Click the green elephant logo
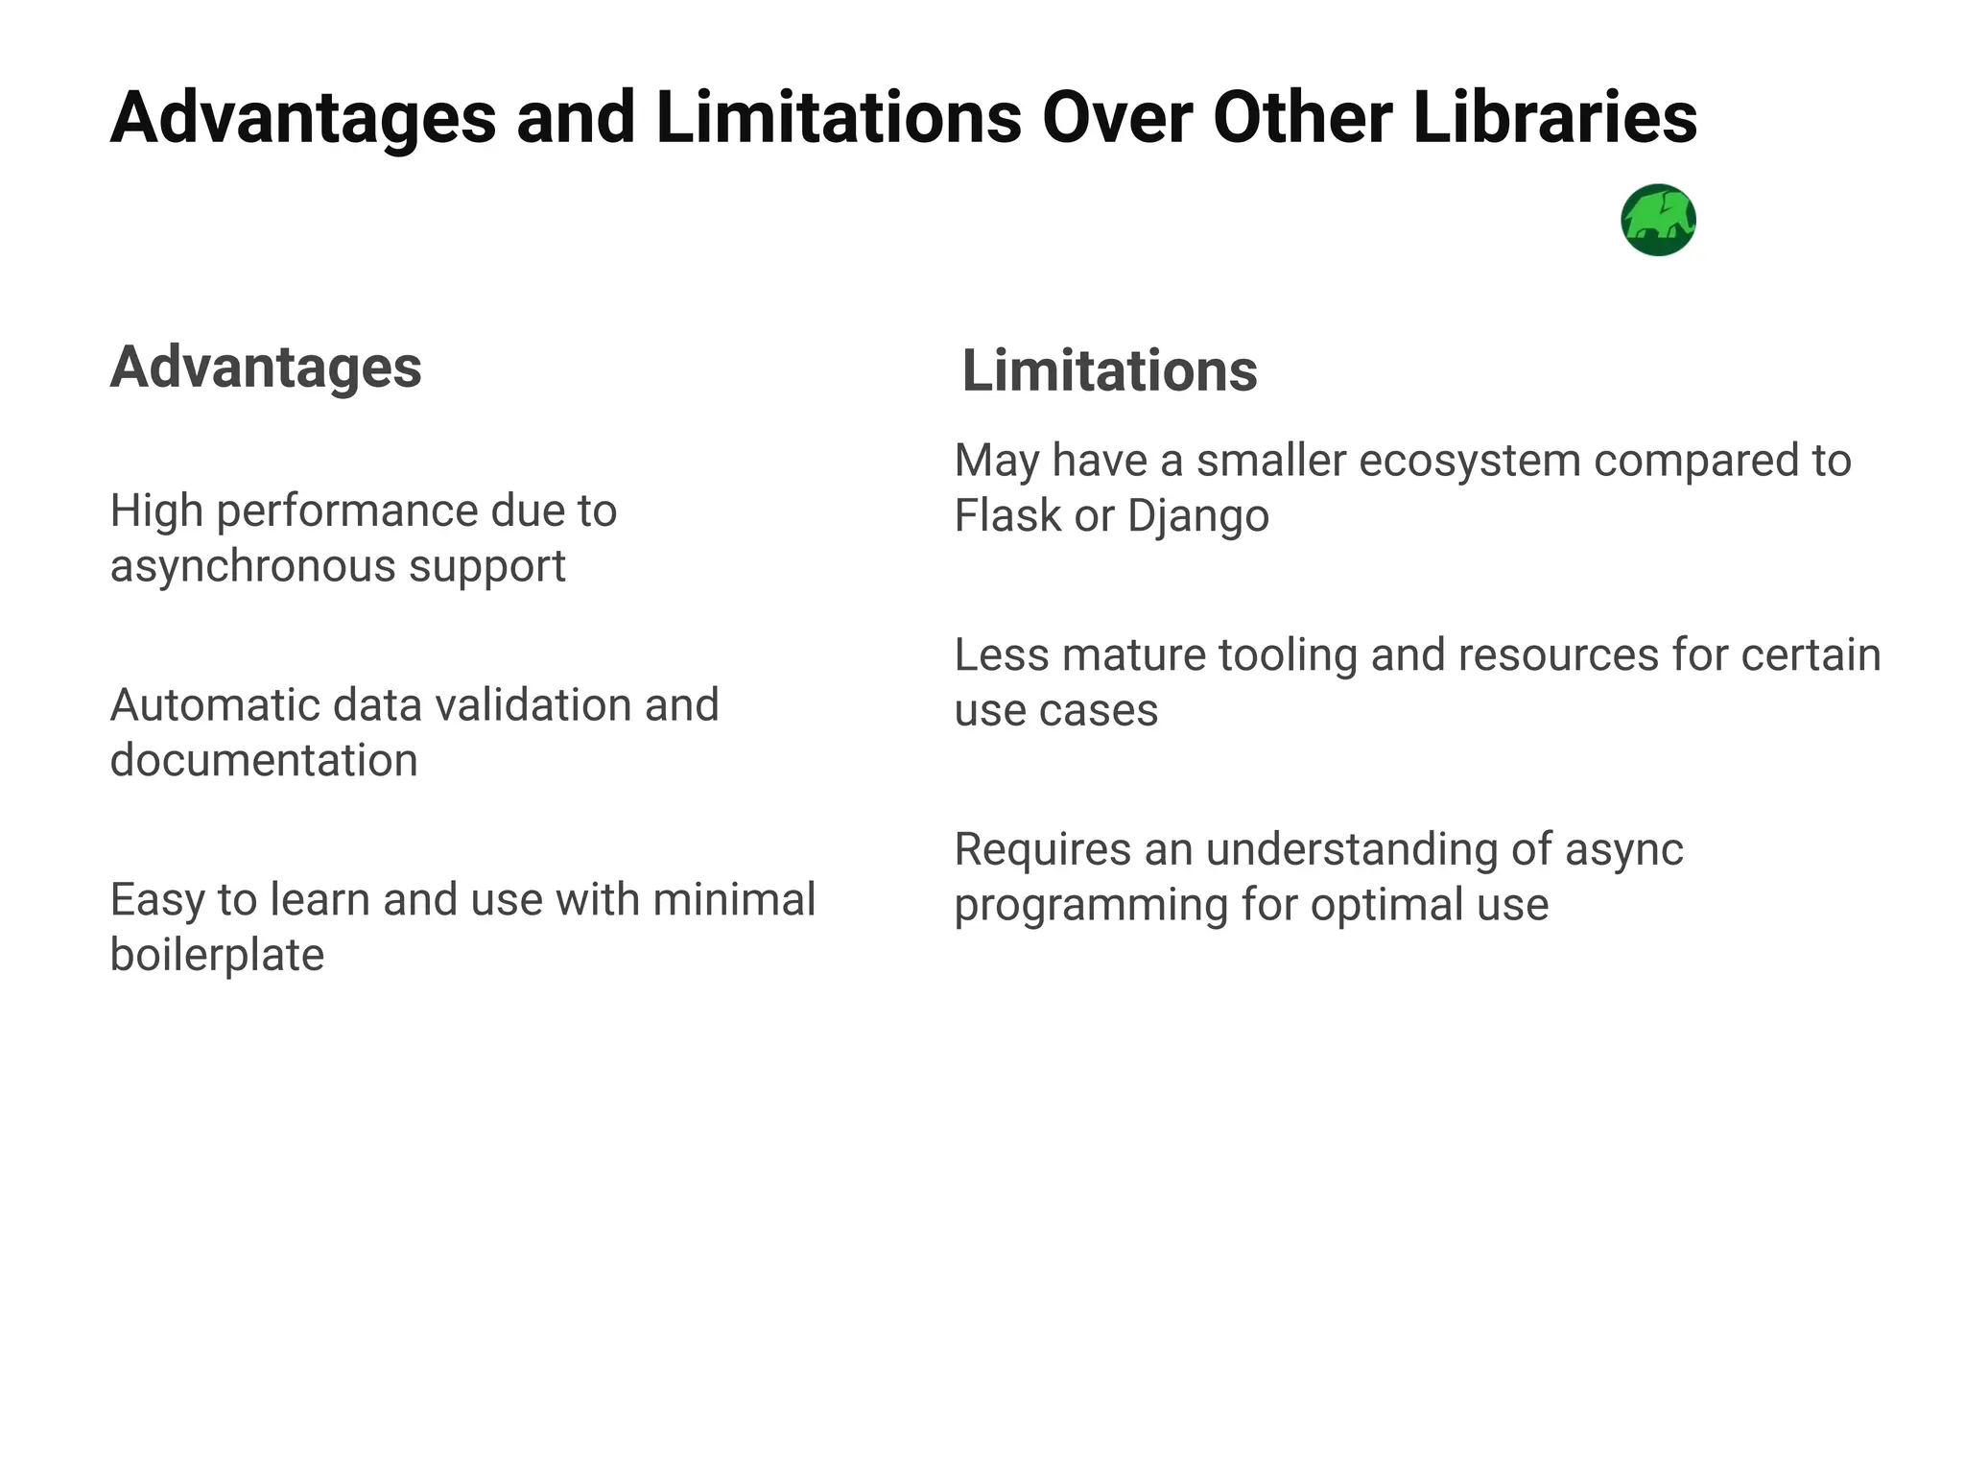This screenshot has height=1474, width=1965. (1658, 220)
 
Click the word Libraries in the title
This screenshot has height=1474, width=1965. (1554, 118)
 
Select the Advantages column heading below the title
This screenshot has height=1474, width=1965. (266, 368)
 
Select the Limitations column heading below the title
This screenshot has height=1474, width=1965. (1109, 371)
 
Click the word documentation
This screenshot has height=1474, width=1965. (264, 761)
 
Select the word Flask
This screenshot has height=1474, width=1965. (1007, 516)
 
